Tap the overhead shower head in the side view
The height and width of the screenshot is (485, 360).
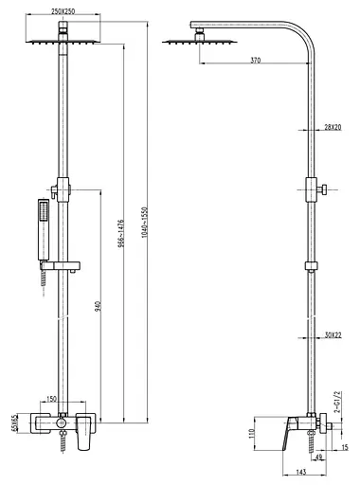point(182,41)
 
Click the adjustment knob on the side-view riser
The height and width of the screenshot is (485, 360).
point(322,188)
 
